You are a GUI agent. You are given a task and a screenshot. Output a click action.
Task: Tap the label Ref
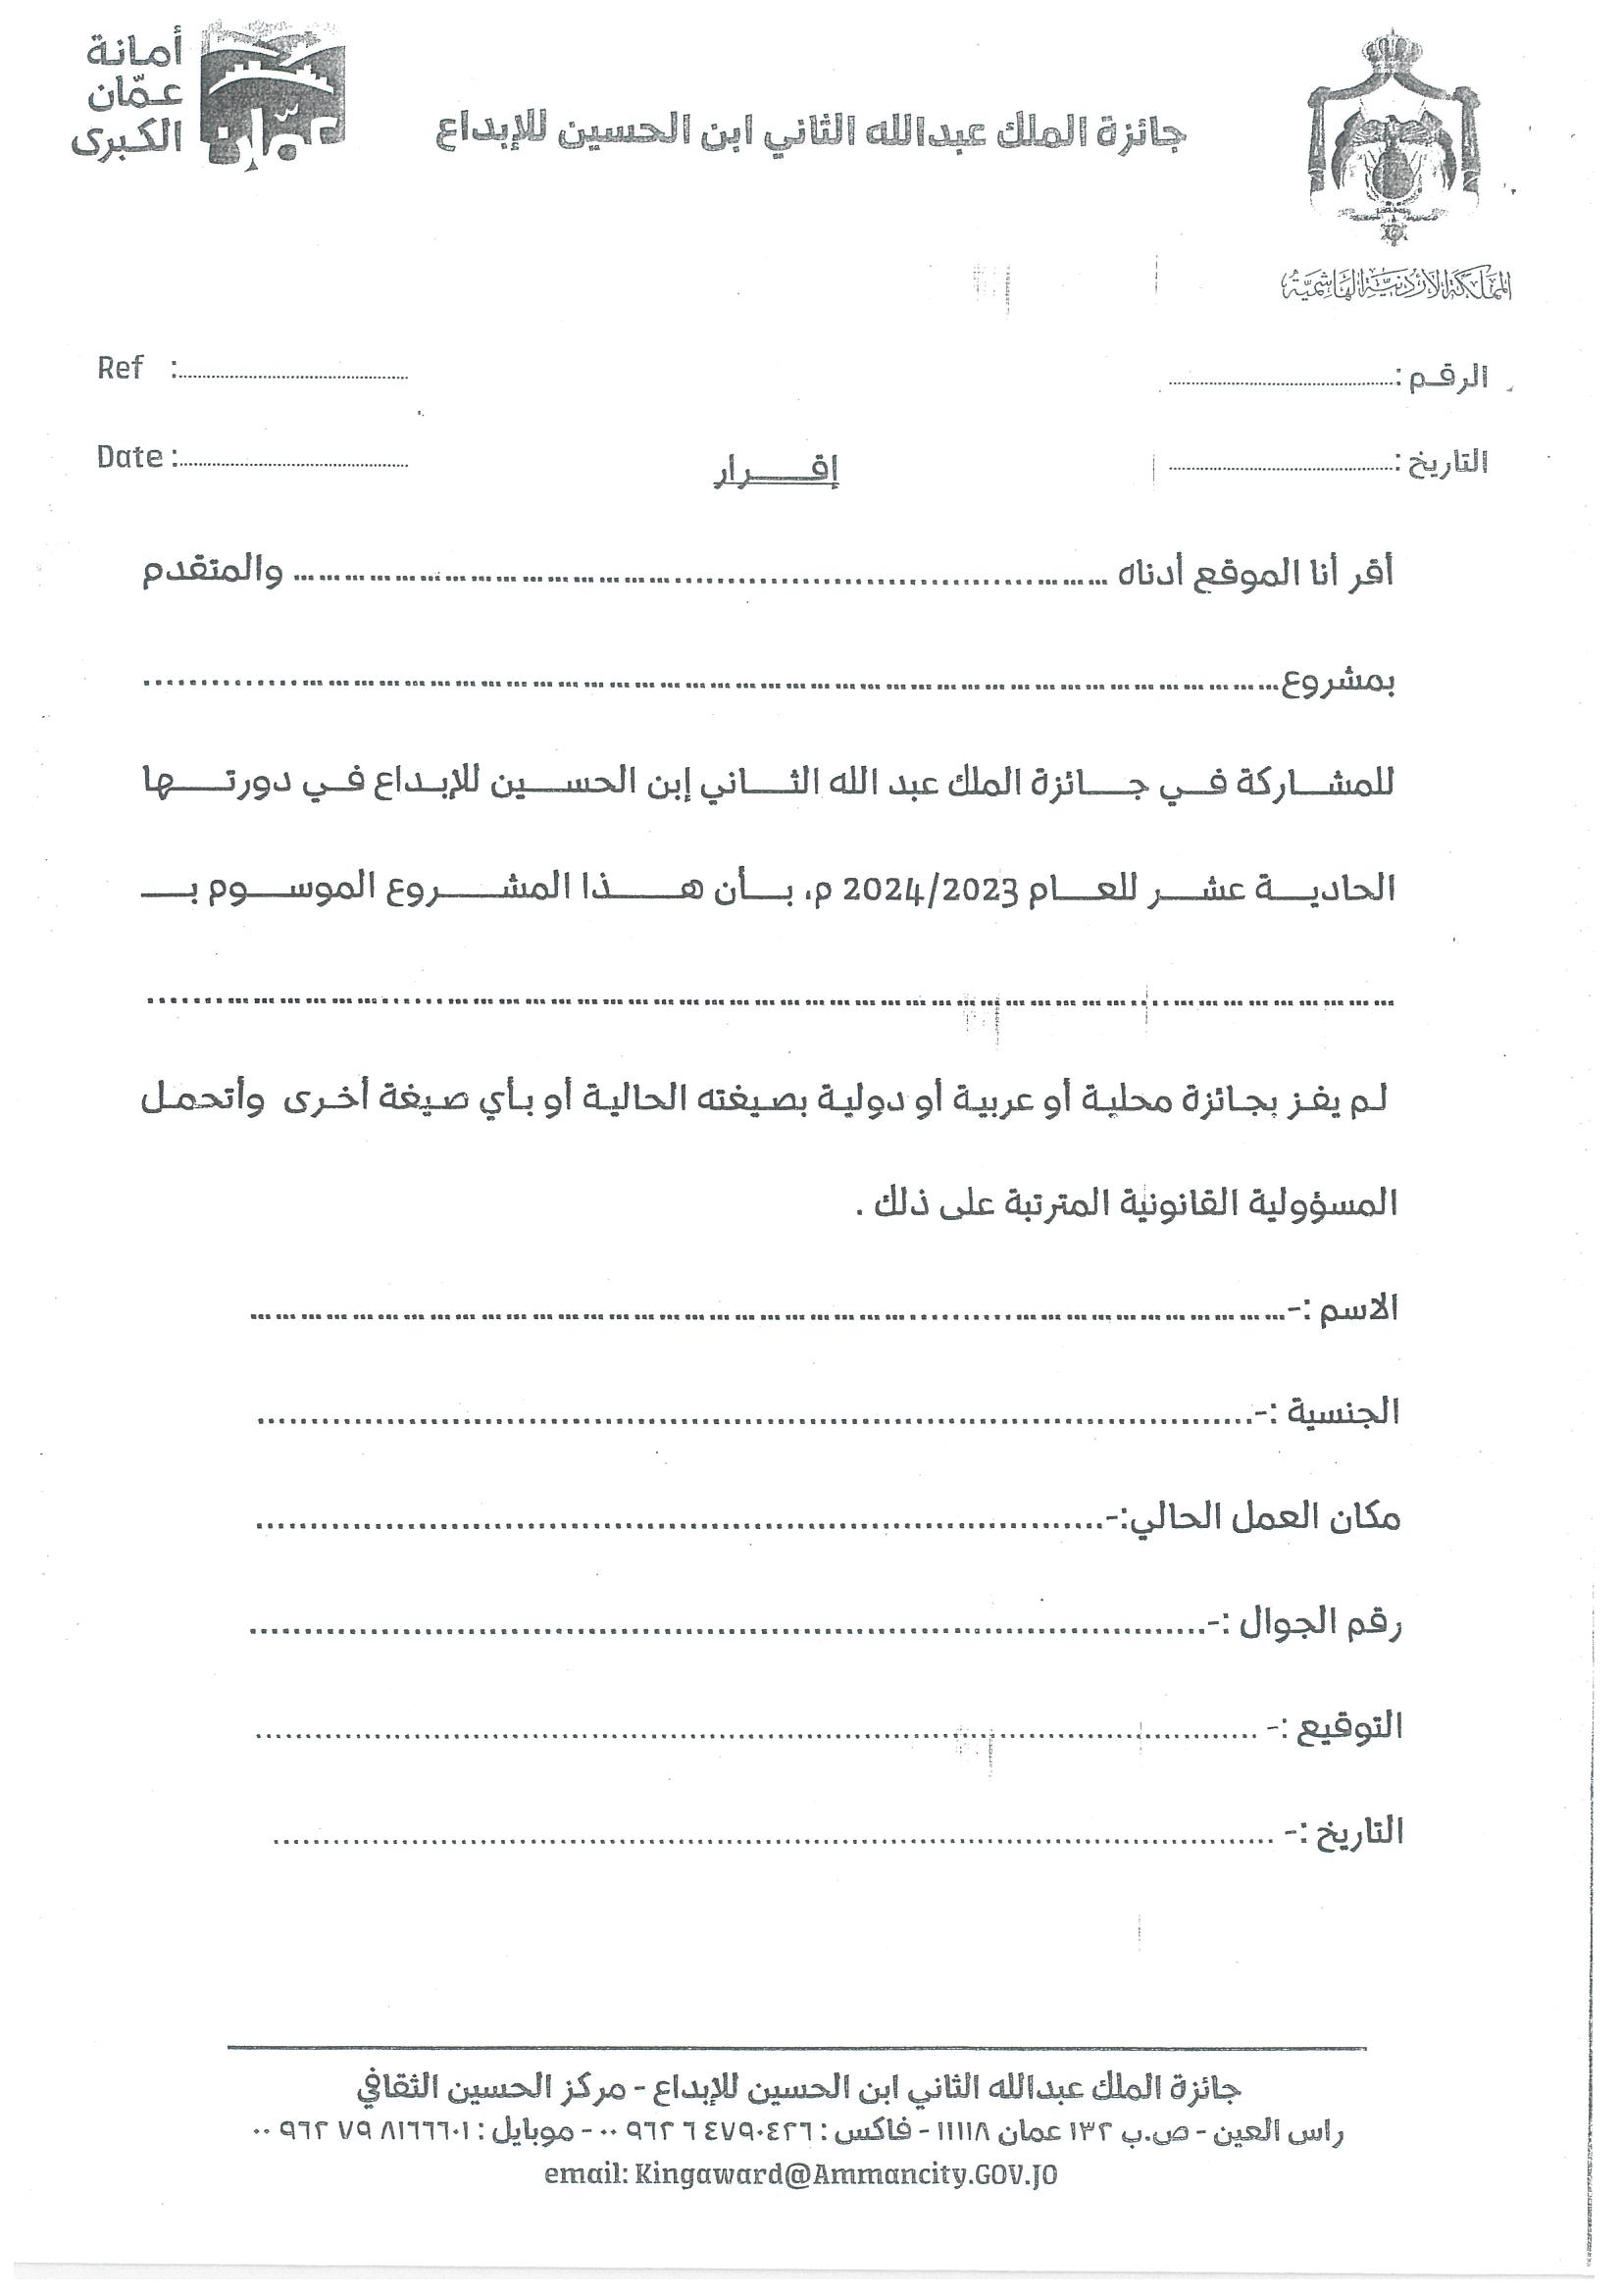coord(120,368)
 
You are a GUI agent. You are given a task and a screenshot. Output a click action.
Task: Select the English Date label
coord(128,457)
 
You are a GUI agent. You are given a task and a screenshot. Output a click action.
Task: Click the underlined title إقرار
coord(776,471)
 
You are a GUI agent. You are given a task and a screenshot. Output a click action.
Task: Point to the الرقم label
coord(1447,379)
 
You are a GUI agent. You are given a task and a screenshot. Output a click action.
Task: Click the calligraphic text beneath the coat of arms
coord(1395,285)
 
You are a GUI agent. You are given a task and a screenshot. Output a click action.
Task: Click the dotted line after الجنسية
coord(749,1419)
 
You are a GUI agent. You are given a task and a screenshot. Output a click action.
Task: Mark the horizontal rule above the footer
coord(796,2048)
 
